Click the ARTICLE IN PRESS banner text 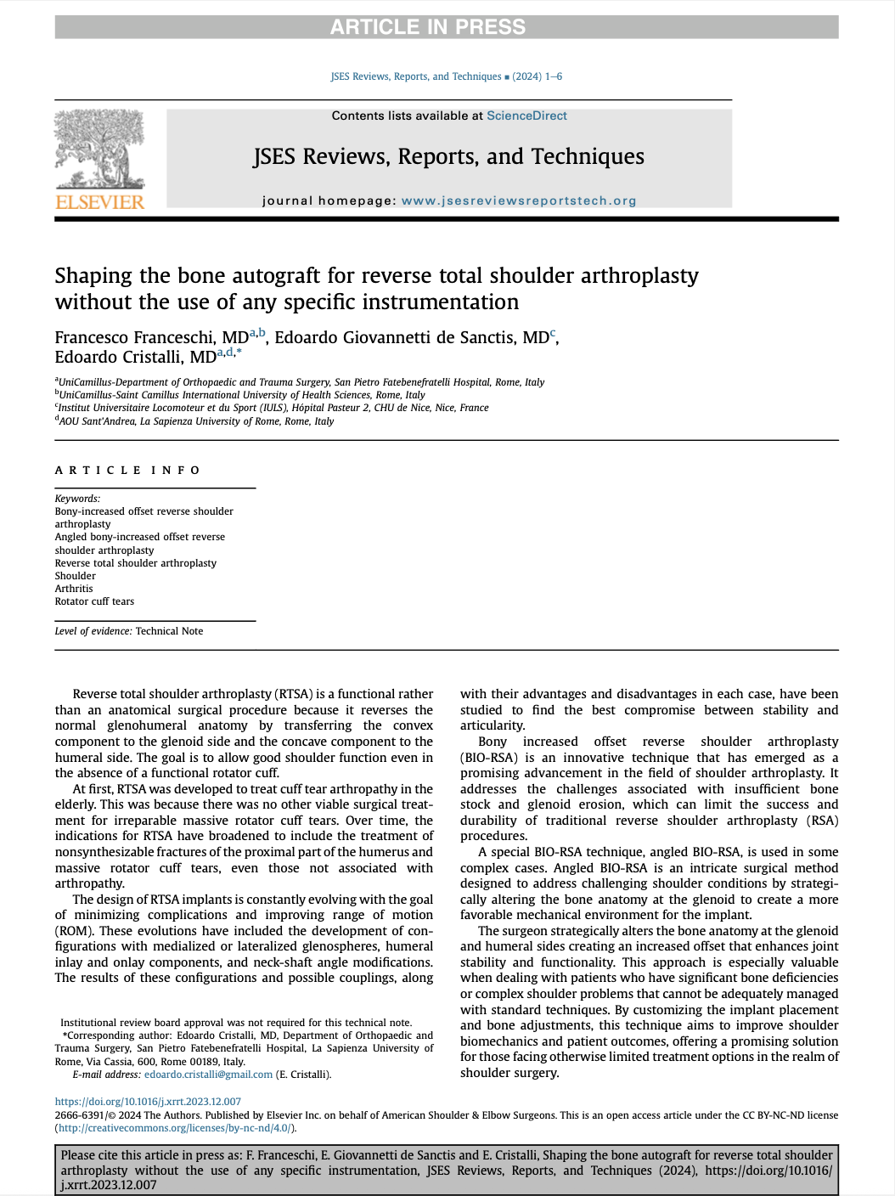point(427,27)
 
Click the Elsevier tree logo point(99,149)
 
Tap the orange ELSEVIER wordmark point(99,202)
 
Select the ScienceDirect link point(526,116)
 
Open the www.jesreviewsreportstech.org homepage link point(518,201)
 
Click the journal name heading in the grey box point(448,157)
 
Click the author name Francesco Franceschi point(151,338)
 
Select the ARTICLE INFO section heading point(127,470)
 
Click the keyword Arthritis point(74,589)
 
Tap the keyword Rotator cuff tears point(94,601)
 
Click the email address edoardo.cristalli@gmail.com point(209,1075)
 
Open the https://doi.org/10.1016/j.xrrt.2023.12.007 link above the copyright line point(148,1102)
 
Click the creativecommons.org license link point(175,1128)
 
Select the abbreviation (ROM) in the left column point(74,931)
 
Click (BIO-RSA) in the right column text point(488,758)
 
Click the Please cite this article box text point(446,1170)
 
